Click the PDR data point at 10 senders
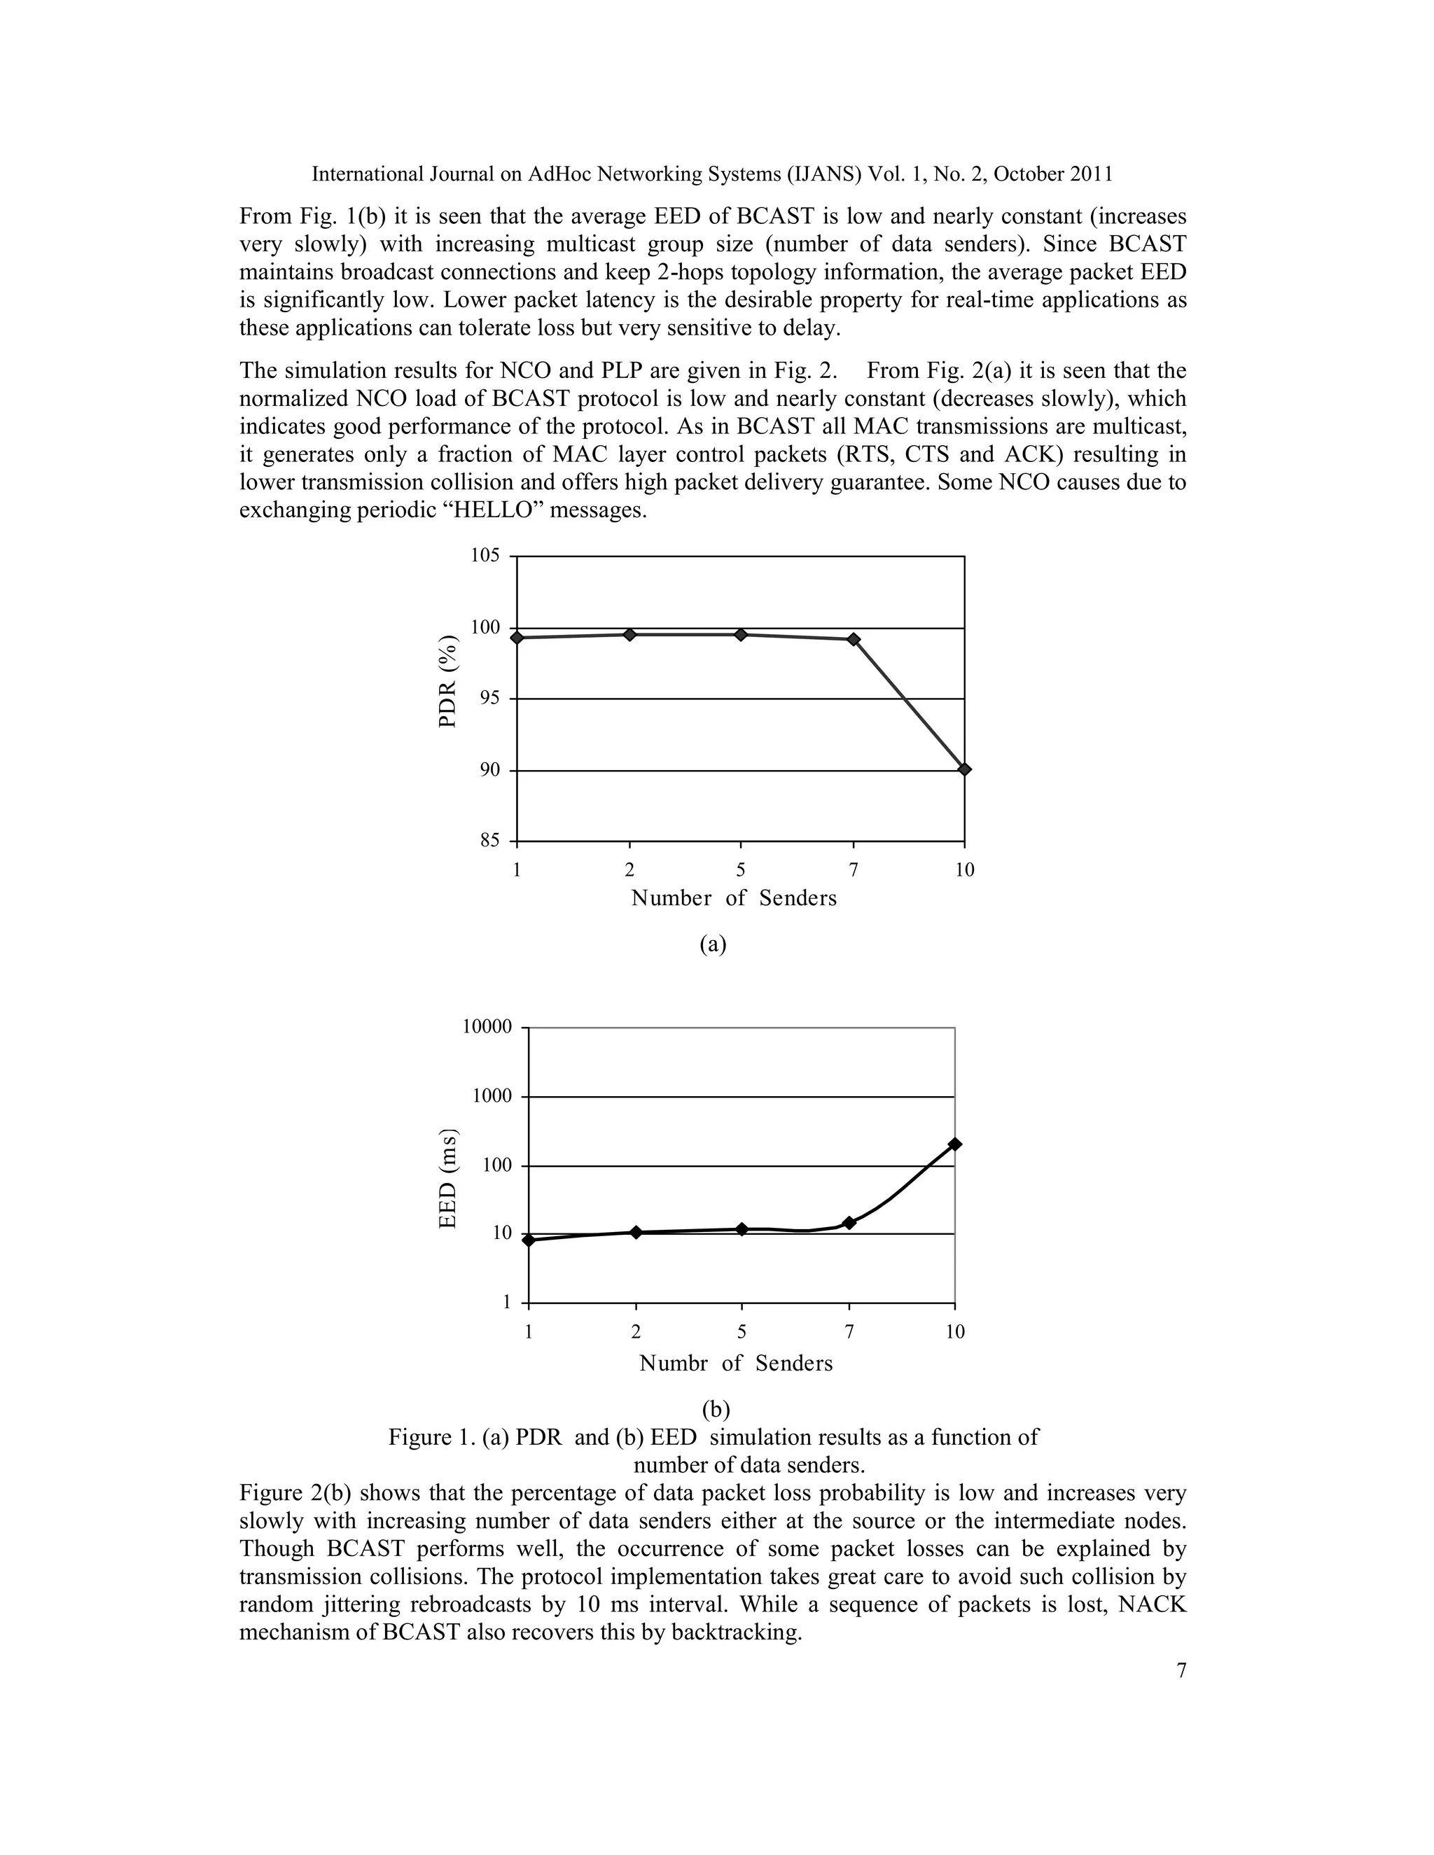964,769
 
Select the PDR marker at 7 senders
854,638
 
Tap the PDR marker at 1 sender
517,637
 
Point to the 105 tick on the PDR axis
485,556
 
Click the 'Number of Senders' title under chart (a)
734,899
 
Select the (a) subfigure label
713,944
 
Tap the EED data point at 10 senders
955,1144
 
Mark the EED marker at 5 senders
742,1229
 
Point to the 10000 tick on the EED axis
487,1027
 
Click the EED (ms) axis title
447,1178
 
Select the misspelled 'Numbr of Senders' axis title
736,1363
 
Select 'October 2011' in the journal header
1052,174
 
